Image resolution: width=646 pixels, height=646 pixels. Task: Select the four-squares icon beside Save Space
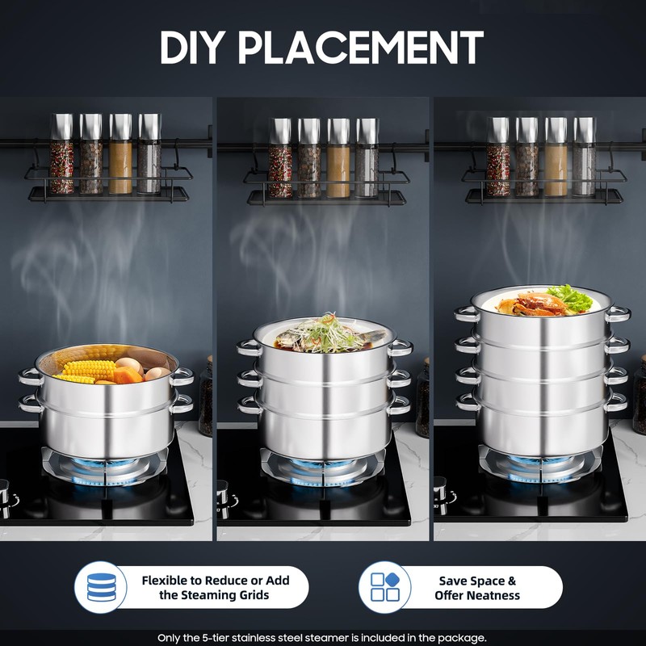pyautogui.click(x=384, y=587)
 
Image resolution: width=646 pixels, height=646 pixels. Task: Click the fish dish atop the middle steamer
pyautogui.click(x=327, y=335)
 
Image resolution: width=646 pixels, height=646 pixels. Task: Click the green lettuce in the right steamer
pyautogui.click(x=573, y=297)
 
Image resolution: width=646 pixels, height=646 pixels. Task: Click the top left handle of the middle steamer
pyautogui.click(x=249, y=347)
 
